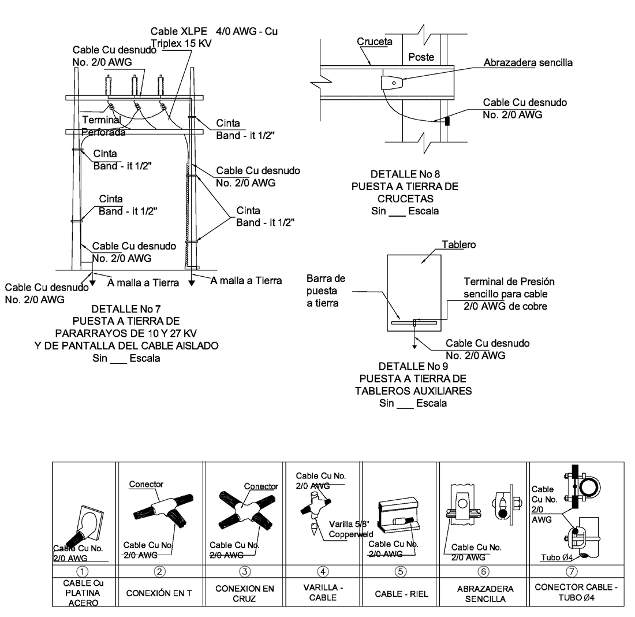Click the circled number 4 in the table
point(323,571)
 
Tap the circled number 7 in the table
point(571,571)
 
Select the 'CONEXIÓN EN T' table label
point(159,593)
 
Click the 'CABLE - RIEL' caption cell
point(401,594)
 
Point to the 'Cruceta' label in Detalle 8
point(375,42)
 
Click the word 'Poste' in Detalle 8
point(421,57)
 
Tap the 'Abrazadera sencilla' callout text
point(528,62)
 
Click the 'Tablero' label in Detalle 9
point(459,244)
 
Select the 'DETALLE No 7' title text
point(126,309)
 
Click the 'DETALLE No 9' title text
point(413,366)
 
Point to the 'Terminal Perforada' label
point(103,126)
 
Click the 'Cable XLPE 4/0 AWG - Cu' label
point(214,31)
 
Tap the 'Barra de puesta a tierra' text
point(326,291)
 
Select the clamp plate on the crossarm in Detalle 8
point(392,83)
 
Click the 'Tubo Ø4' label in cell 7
point(557,557)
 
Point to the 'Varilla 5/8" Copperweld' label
point(351,529)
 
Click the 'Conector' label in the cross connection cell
point(261,486)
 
